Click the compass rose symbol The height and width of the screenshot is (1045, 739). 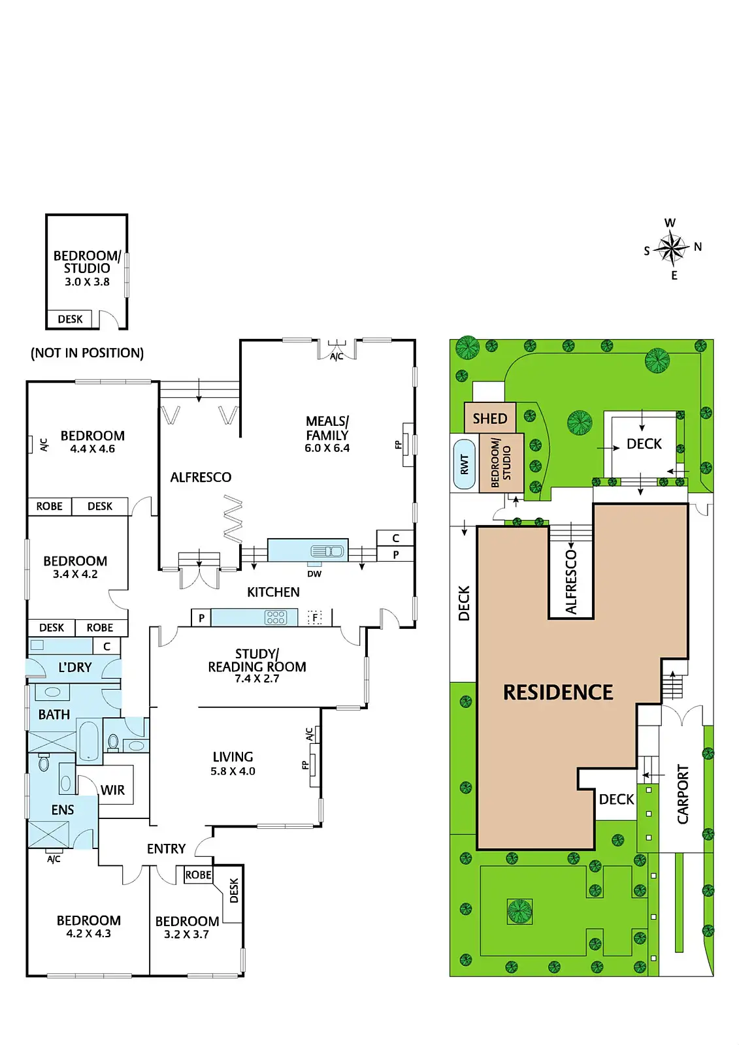pos(671,248)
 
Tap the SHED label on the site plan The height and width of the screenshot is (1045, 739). pos(489,419)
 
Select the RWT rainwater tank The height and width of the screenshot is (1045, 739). pos(464,464)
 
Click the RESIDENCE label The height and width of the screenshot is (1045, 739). pos(558,692)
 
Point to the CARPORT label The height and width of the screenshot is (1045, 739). pos(683,794)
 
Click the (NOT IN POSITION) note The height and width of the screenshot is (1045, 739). pos(87,353)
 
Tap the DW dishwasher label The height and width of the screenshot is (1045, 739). pos(314,574)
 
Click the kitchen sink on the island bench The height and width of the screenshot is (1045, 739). pos(327,551)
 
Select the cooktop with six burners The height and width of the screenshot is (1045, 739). pos(276,617)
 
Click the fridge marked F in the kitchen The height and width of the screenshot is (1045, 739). pos(315,617)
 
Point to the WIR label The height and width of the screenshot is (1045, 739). pos(112,790)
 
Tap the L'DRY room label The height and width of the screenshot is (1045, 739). pos(75,667)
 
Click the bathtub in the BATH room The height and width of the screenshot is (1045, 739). pos(90,740)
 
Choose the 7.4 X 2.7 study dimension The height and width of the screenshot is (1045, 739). pos(257,679)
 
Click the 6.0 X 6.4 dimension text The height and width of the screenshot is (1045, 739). pos(327,448)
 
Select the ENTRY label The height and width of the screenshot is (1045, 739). pos(166,849)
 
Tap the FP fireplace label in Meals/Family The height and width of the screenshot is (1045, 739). pos(398,445)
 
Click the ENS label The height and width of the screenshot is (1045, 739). pos(63,810)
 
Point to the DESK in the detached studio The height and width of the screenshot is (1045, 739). pos(71,319)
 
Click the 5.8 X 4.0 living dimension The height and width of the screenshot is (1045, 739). pos(233,771)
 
